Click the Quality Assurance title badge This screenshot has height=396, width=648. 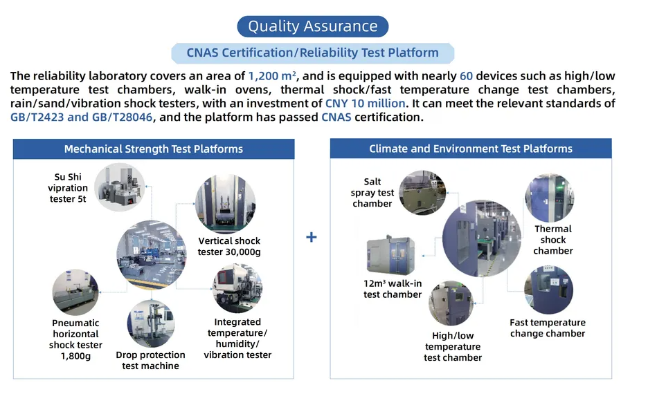312,26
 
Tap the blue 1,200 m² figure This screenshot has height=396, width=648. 272,76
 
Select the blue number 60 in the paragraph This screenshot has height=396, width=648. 466,76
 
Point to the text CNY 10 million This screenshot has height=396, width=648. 366,103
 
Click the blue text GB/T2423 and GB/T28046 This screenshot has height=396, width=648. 82,117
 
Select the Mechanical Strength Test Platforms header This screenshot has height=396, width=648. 154,149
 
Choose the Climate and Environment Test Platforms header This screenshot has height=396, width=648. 471,149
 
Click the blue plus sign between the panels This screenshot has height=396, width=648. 311,237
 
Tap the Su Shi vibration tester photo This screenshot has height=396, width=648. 120,187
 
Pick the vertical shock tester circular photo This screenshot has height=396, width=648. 225,204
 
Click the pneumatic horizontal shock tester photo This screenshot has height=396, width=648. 75,292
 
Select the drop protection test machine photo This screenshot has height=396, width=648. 151,324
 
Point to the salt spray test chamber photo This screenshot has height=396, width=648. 422,193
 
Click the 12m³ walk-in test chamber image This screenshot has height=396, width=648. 390,256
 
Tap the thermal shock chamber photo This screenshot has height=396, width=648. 549,198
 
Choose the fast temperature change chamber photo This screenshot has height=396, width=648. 548,290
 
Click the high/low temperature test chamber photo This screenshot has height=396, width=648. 451,303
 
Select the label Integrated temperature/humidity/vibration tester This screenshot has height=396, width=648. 237,338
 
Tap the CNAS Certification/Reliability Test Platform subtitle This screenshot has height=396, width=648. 313,53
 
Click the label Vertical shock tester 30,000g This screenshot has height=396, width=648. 229,246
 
